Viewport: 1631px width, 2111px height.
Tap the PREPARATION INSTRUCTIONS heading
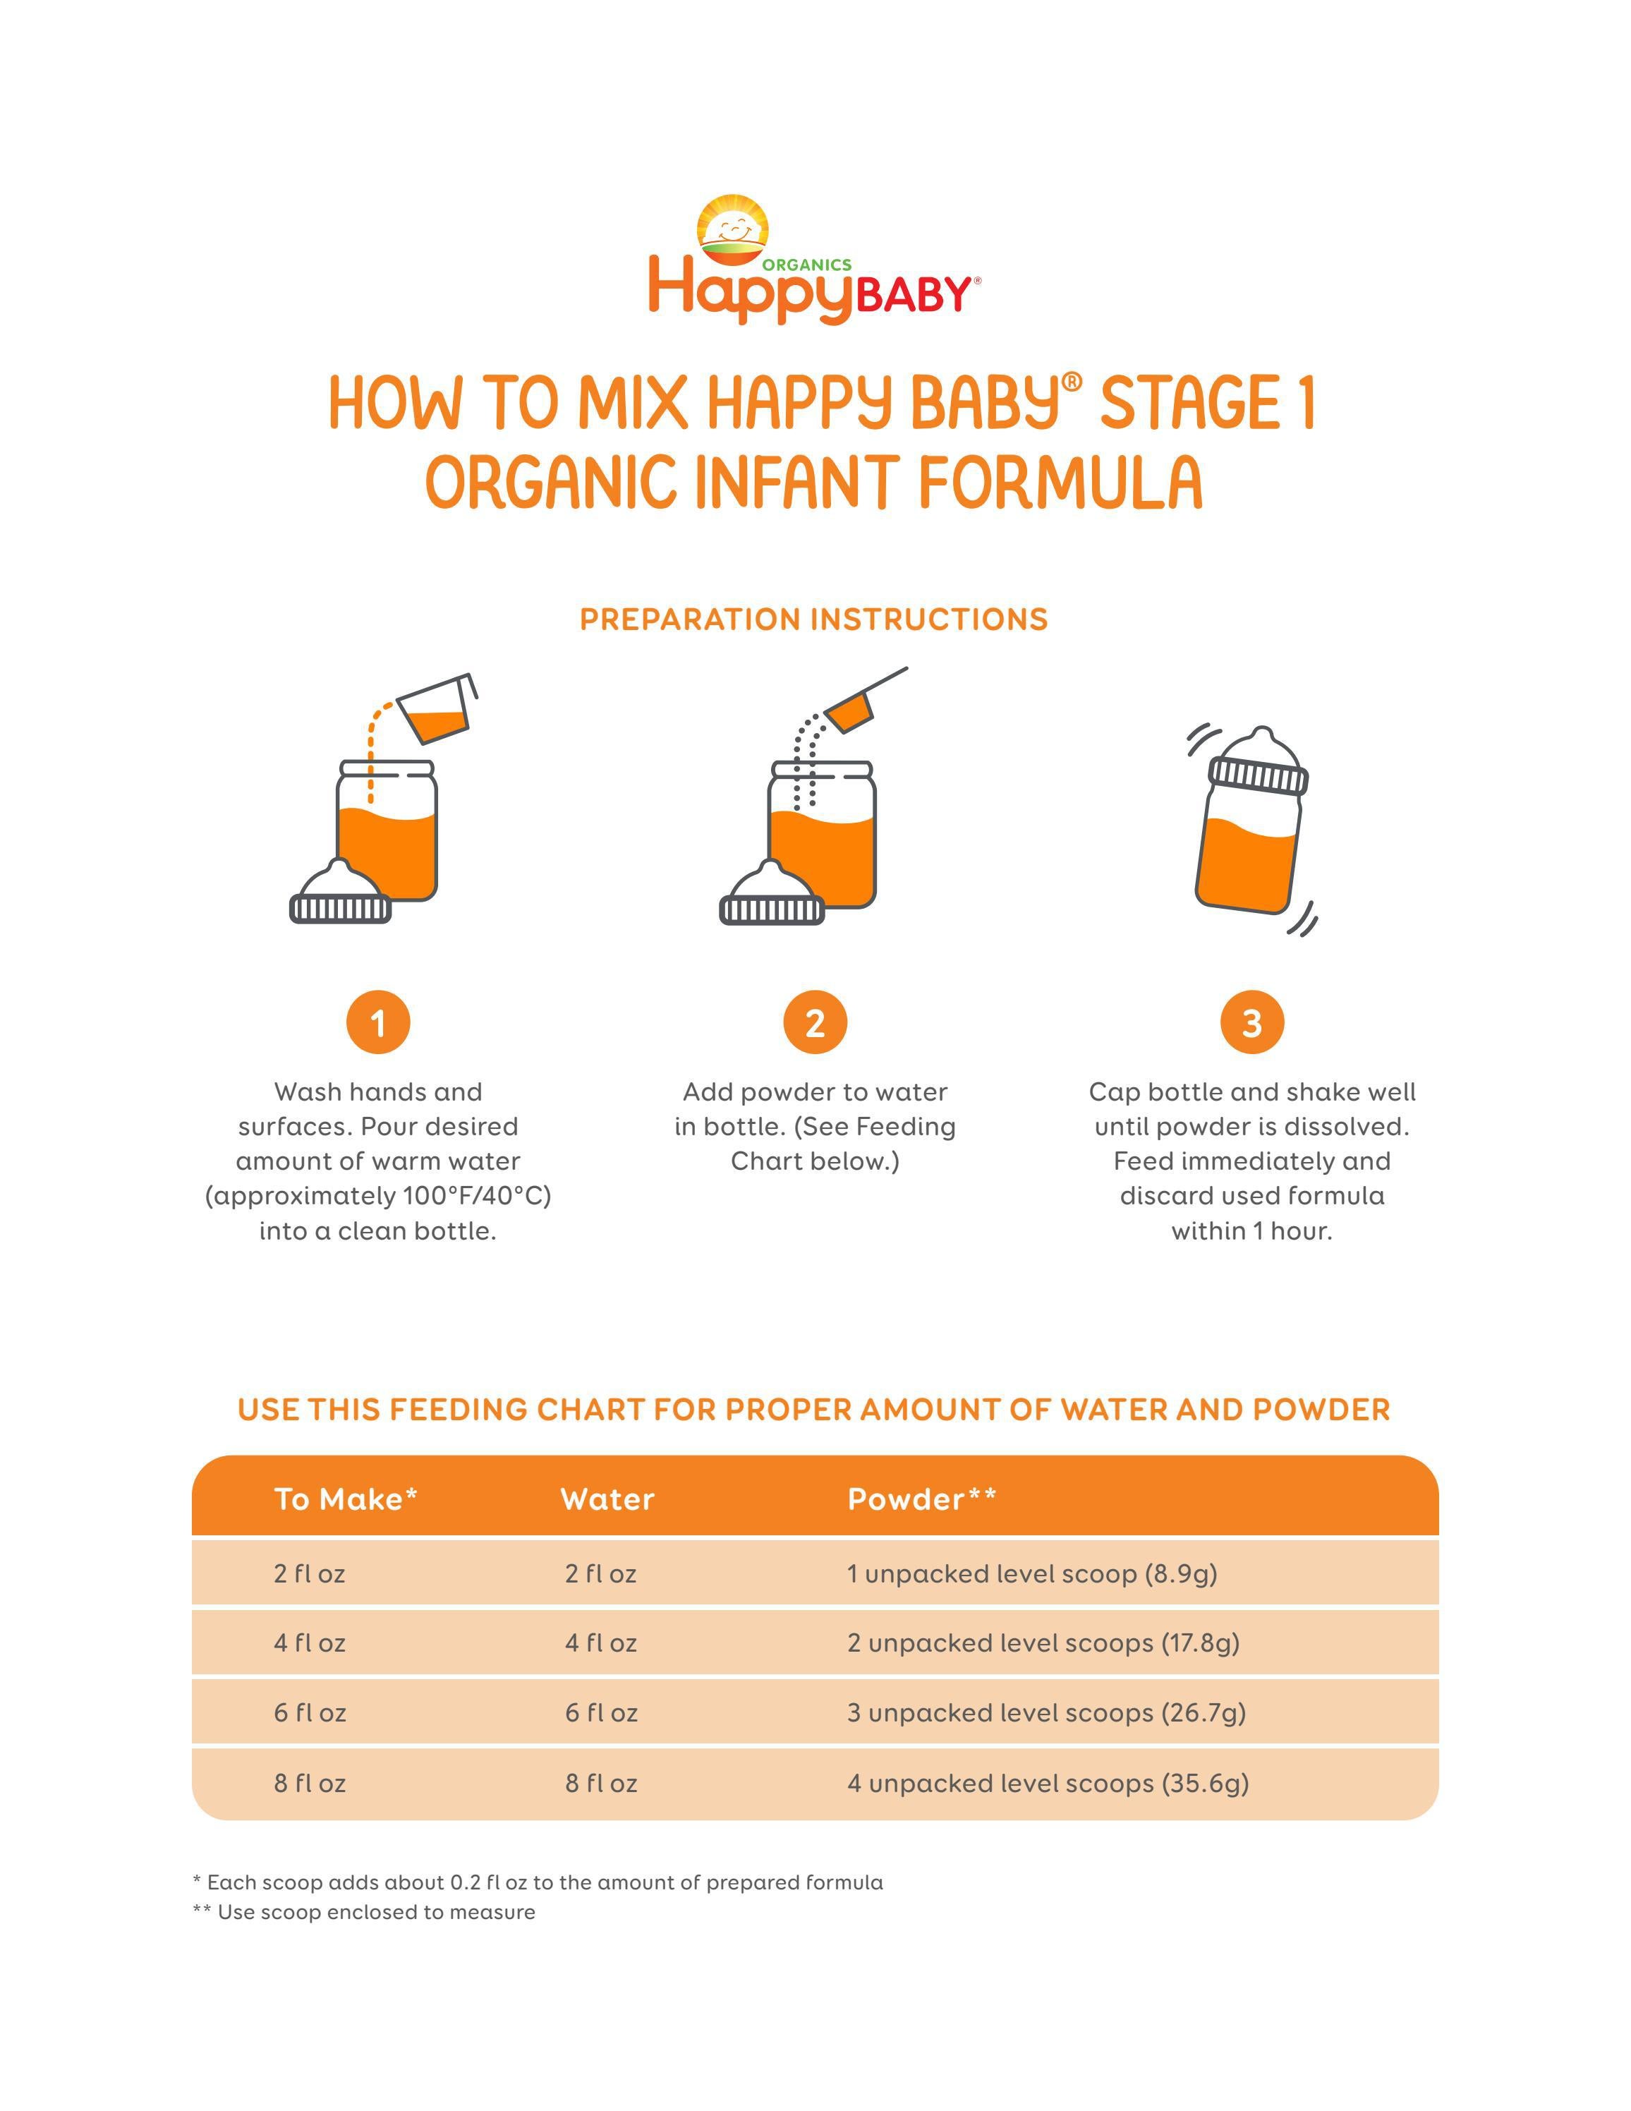[813, 619]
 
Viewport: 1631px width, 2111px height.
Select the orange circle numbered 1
[378, 1022]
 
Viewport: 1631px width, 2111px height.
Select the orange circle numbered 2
[815, 1022]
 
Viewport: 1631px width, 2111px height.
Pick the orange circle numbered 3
[1251, 1022]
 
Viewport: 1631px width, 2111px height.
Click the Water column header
[607, 1499]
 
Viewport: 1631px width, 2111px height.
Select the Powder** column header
[921, 1499]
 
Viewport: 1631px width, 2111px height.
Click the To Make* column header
[345, 1499]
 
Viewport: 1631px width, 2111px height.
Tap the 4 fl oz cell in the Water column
[600, 1643]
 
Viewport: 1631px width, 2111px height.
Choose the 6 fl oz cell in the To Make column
[309, 1713]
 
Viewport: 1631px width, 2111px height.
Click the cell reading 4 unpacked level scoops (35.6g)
[1048, 1784]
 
